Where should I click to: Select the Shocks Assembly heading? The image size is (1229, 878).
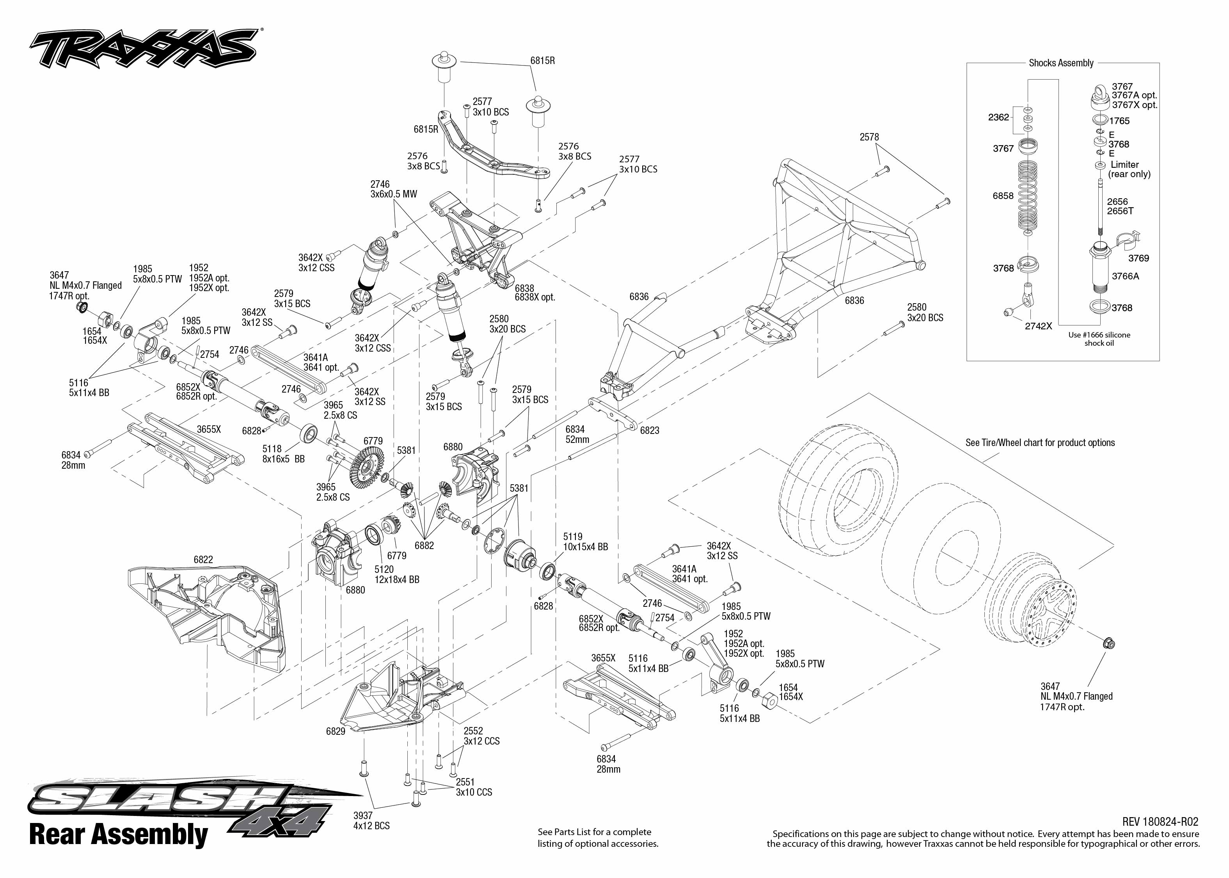pyautogui.click(x=1060, y=63)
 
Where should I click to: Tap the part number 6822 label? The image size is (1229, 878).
pyautogui.click(x=203, y=560)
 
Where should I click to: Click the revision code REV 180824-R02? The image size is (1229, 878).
pyautogui.click(x=1160, y=822)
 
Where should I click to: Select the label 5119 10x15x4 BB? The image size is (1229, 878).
pyautogui.click(x=585, y=542)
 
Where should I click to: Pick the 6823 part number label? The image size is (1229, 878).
pyautogui.click(x=650, y=431)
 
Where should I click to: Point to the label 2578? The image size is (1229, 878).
pyautogui.click(x=869, y=137)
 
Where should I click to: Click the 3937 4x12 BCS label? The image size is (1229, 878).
pyautogui.click(x=371, y=820)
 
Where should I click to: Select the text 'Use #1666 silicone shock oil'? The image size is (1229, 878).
pyautogui.click(x=1099, y=339)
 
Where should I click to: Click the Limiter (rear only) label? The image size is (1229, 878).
pyautogui.click(x=1129, y=169)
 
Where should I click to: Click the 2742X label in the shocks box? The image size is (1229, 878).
pyautogui.click(x=1038, y=326)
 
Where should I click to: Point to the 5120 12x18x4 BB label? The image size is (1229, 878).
pyautogui.click(x=397, y=574)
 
